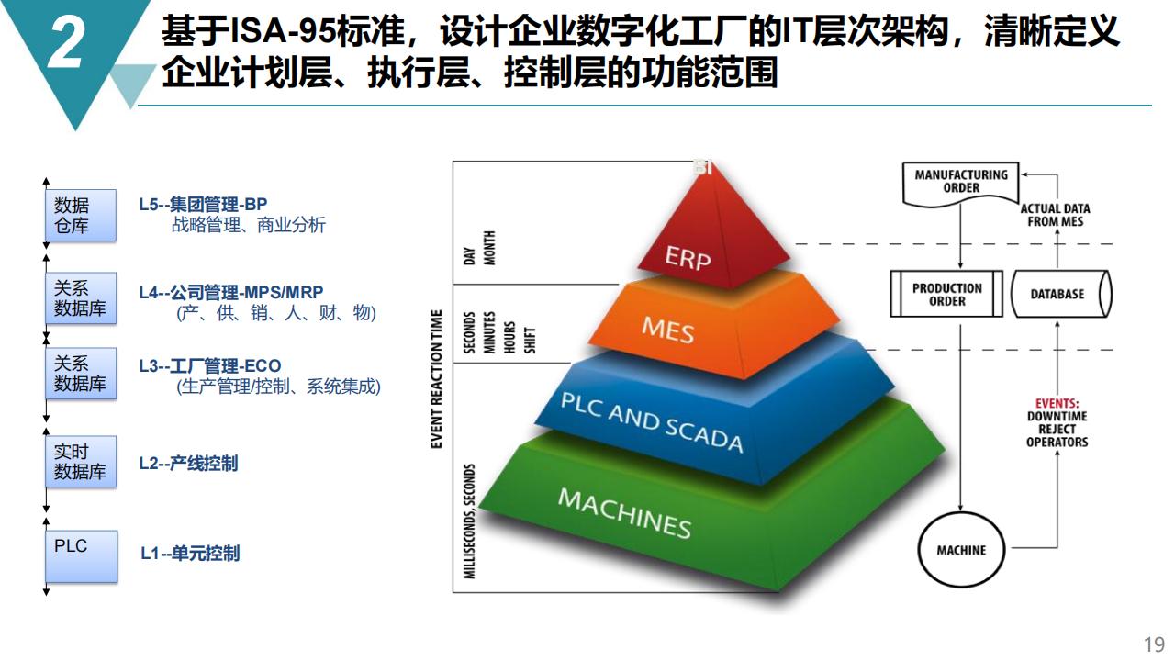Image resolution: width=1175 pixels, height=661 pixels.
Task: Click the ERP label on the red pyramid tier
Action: click(688, 258)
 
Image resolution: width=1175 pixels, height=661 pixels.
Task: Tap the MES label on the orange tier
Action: click(667, 330)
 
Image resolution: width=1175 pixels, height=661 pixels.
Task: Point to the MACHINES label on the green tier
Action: click(624, 513)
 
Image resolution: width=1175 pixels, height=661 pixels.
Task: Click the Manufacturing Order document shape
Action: click(960, 184)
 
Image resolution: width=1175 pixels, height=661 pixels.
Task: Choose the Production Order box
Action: click(946, 294)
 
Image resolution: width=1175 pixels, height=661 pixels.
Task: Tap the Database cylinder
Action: click(1061, 294)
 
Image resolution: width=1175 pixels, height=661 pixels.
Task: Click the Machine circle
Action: click(961, 550)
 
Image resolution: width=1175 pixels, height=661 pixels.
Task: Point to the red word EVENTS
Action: click(1057, 403)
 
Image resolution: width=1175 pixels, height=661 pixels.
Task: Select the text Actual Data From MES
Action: click(1056, 215)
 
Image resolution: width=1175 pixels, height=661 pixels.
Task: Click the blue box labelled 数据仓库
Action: click(81, 215)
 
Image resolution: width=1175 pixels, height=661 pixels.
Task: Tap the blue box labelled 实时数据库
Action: click(81, 462)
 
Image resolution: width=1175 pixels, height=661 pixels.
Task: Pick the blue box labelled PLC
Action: click(82, 556)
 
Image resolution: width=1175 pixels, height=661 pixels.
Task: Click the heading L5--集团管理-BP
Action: click(203, 204)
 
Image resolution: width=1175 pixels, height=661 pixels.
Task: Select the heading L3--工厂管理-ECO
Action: click(210, 365)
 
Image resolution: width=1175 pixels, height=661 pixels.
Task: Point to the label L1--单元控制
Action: click(190, 554)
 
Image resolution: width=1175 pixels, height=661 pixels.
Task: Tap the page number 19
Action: click(1155, 644)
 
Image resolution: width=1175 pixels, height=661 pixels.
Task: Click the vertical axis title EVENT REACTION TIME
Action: click(436, 379)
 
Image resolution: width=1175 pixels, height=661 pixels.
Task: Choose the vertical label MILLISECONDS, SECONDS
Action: click(469, 521)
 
